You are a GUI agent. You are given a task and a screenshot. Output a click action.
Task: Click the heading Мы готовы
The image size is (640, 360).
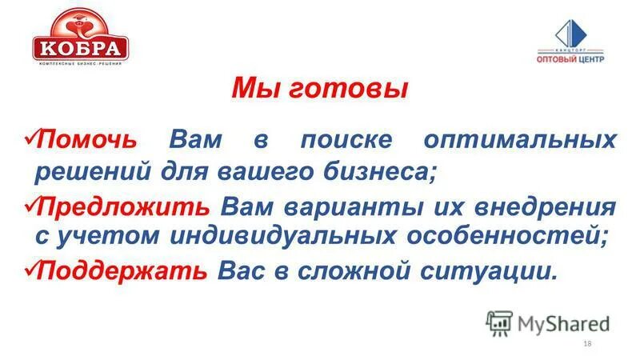coord(319,88)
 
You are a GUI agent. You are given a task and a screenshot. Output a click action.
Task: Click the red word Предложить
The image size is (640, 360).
coord(124,206)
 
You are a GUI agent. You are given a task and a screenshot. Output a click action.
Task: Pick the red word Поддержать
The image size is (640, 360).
coord(123,270)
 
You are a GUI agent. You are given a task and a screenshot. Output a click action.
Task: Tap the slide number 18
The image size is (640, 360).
coord(587,343)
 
